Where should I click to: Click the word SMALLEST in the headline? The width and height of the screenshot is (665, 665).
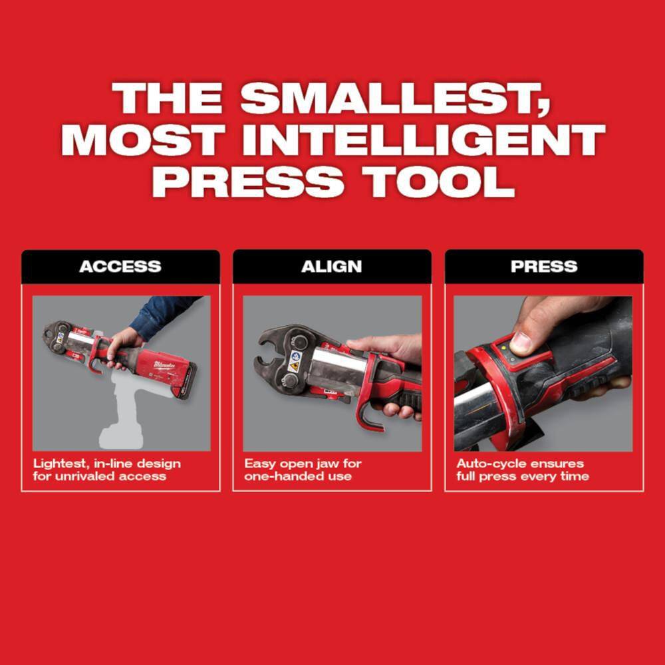pos(395,99)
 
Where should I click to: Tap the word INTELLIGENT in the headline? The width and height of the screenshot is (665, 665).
pos(424,140)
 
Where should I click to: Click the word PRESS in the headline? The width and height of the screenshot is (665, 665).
pos(248,182)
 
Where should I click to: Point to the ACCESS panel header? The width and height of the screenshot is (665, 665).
pos(120,267)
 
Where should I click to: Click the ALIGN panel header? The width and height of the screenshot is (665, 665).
pos(332,267)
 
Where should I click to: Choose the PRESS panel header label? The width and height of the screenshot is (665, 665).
pos(544,267)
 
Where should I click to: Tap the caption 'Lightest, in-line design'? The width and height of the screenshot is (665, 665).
pos(107,464)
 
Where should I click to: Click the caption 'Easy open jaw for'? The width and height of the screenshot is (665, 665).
pos(303,464)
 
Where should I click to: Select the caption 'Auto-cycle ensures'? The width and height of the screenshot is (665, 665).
pos(521,464)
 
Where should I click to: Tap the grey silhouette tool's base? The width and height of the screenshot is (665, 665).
pos(120,438)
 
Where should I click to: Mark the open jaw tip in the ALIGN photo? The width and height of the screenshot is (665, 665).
pos(260,339)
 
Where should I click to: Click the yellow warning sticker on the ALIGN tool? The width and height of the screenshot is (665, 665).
pos(293,365)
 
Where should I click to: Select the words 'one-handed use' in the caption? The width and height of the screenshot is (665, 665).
pos(298,476)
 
